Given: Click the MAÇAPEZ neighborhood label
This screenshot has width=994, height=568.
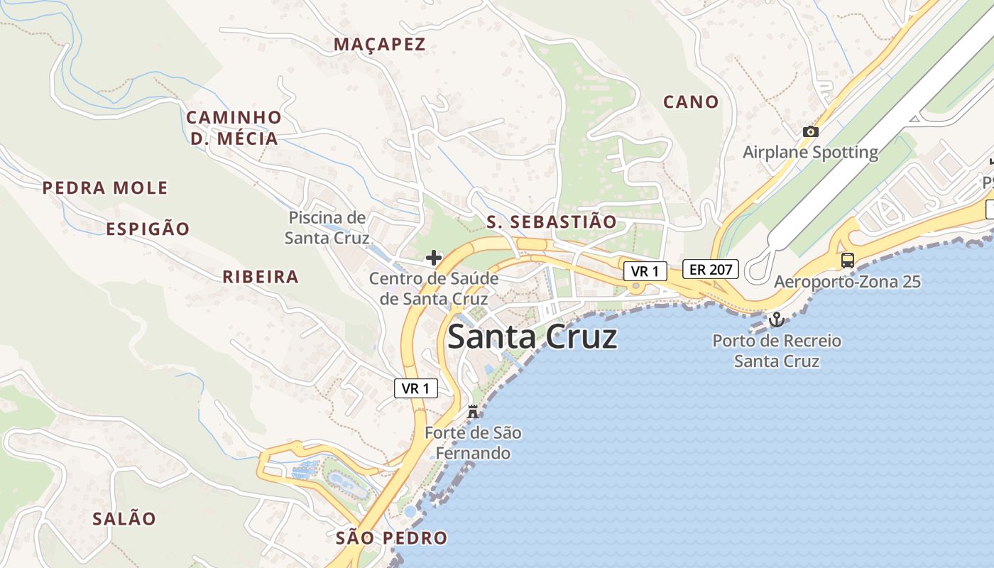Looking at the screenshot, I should (379, 44).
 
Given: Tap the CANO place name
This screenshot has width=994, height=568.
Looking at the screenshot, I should (691, 102).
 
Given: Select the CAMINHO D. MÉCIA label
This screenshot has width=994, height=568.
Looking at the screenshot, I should (234, 128).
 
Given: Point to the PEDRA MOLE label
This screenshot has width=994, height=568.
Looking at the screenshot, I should (105, 188).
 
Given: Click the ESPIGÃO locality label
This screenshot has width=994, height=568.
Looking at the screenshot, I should (148, 229).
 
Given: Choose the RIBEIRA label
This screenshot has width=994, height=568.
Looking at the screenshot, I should (261, 277).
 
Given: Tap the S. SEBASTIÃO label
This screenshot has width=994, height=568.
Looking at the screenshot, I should (552, 222).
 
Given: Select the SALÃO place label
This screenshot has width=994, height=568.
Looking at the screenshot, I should (124, 519).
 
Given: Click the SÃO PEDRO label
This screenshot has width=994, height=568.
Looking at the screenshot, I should (391, 538).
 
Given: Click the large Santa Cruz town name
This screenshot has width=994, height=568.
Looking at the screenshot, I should (532, 337).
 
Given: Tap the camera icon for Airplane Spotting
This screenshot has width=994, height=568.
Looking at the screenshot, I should (810, 131).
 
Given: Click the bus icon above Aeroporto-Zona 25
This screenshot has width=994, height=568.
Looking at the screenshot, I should (847, 260).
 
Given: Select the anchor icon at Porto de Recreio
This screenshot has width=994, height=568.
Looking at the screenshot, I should (776, 319).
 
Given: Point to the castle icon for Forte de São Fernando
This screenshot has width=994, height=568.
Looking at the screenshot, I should (472, 411).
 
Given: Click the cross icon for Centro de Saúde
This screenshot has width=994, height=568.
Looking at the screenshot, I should (433, 257).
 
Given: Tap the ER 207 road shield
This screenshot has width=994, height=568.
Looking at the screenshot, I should (711, 269).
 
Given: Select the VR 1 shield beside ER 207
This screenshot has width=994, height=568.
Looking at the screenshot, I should (645, 271).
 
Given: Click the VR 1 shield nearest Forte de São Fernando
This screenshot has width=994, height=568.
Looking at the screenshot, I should (416, 388).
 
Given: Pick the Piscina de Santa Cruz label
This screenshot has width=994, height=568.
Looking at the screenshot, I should (327, 227).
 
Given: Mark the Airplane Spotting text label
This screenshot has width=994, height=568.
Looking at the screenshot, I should (810, 152).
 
